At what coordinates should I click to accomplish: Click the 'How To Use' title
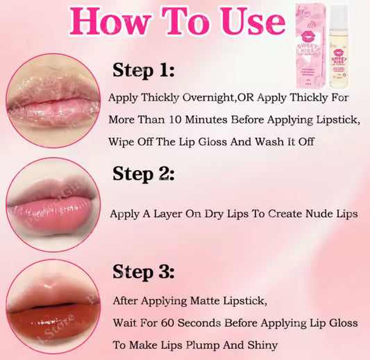(178, 21)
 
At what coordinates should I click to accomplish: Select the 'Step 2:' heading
(143, 173)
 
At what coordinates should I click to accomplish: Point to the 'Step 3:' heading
(143, 271)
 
